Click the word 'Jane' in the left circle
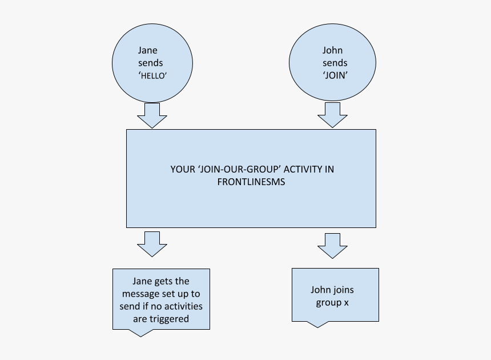147,50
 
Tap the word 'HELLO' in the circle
152,76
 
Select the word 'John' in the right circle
332,50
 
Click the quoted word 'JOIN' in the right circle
335,75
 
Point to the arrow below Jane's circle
152,115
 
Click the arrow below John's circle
332,115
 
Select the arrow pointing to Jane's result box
152,245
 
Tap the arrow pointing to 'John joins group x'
332,246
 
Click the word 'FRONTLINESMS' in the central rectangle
251,182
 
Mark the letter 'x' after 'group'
347,303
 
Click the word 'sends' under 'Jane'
151,63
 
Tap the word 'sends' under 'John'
335,63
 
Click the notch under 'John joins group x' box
317,324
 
